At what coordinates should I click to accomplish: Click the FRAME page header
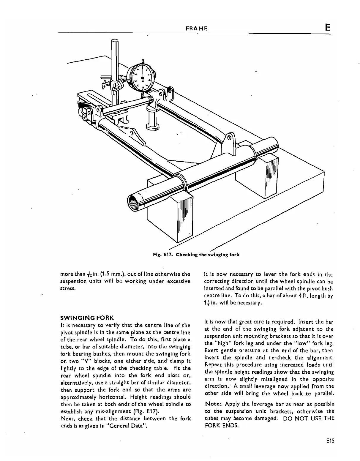(x=196, y=29)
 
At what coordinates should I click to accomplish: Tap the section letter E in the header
(x=327, y=28)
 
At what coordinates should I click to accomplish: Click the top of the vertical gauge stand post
(x=115, y=42)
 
